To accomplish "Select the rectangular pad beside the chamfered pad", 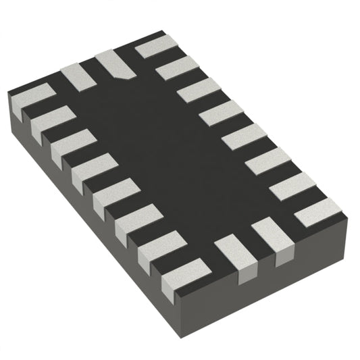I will [79, 78].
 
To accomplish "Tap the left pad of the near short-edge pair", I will [234, 251].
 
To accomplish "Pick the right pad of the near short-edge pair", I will [269, 236].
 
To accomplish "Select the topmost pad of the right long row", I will [157, 48].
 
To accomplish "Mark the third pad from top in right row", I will [199, 91].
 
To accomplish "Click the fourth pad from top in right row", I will [221, 114].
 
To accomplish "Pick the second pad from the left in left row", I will [51, 120].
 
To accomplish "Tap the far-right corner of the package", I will [348, 215].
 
